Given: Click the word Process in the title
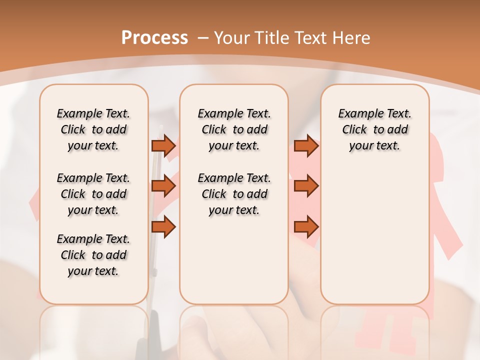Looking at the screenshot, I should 154,37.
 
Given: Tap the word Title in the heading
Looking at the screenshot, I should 269,37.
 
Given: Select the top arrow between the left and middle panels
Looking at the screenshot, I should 163,145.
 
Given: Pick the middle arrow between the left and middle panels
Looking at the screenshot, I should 163,186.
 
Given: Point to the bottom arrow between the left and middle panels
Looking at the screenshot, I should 163,227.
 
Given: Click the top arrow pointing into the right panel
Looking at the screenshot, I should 306,145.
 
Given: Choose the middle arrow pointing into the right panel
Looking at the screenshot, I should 306,186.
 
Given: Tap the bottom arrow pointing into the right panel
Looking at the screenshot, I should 306,227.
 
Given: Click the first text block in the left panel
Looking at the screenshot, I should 93,129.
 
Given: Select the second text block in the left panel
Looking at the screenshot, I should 93,194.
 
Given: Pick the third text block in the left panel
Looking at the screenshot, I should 93,255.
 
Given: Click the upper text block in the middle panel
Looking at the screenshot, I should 234,129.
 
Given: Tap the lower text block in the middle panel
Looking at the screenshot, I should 234,194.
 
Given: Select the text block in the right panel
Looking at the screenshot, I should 375,129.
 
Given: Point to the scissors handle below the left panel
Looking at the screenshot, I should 154,330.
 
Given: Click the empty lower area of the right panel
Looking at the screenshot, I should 375,235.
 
